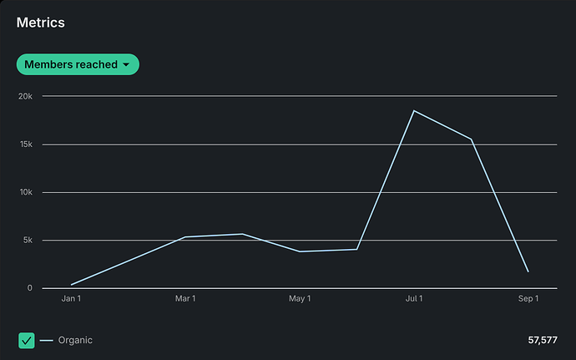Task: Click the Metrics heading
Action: (x=41, y=23)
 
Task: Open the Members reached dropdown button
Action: (x=77, y=64)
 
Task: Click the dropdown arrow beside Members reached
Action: (x=126, y=64)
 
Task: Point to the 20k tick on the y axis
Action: (x=25, y=96)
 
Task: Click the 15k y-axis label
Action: (x=25, y=145)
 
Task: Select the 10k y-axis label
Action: (x=25, y=192)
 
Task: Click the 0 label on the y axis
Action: (x=29, y=288)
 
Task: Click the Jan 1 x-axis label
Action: (x=72, y=298)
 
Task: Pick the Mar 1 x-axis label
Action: (x=185, y=298)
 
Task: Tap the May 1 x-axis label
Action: (x=300, y=298)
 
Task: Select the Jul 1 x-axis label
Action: (x=414, y=298)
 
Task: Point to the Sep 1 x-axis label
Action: (x=528, y=298)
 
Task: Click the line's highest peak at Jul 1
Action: (x=414, y=110)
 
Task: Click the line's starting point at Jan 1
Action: (x=72, y=285)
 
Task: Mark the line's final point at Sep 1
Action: (x=528, y=271)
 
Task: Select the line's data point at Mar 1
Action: (x=185, y=237)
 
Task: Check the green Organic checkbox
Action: (x=26, y=340)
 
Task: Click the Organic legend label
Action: (x=75, y=340)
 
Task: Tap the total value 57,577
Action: (x=542, y=340)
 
